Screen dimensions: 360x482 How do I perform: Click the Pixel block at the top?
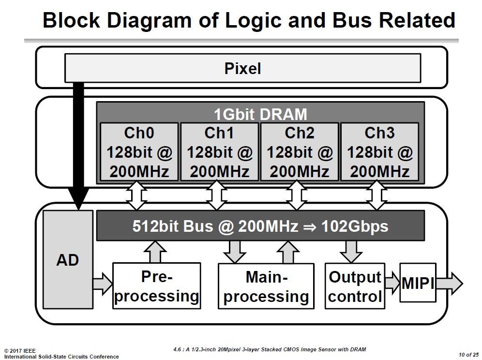pos(242,68)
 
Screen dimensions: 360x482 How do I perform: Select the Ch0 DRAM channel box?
pos(139,151)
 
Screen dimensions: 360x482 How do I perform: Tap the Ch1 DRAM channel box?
pos(220,151)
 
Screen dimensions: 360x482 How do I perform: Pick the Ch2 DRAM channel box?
pos(300,151)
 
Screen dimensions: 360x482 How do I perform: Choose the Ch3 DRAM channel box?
pos(380,151)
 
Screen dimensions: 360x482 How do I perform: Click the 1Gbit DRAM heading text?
pos(260,114)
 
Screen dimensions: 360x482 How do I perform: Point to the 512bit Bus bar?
pos(260,225)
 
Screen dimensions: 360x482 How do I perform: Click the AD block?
pos(68,260)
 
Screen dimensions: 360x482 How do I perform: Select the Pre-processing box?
pos(156,285)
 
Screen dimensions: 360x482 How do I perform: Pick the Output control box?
pos(355,285)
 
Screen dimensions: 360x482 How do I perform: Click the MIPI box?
pos(418,283)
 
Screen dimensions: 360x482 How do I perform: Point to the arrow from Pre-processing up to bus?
pos(155,252)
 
